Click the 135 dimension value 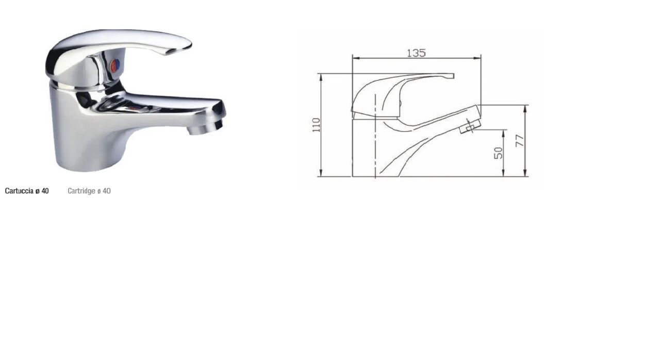point(416,53)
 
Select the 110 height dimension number point(317,125)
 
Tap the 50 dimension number point(499,153)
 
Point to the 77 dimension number point(520,140)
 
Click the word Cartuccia point(19,191)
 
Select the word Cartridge point(81,191)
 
